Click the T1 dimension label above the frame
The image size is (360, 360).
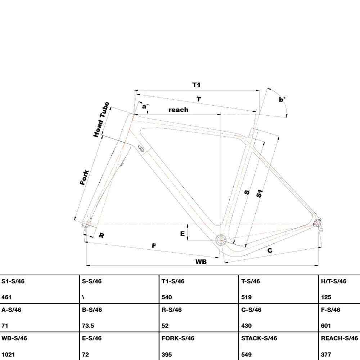coord(196,85)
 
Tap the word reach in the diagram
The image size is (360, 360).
coord(179,110)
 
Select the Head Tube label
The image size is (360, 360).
coord(101,120)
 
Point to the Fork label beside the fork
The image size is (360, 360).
coord(84,177)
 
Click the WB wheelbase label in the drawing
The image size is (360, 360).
coord(201,262)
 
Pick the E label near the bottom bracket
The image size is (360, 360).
coord(182,234)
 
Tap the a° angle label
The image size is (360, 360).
coord(145,106)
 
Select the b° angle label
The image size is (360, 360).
coord(282,99)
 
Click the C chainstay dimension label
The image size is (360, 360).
coord(270,250)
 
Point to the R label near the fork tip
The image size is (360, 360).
coord(102,235)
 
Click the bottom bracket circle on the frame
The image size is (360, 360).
coord(221,240)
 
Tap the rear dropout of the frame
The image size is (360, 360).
coord(318,224)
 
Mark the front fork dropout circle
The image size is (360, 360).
coord(86,224)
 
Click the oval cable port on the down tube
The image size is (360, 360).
coord(141,148)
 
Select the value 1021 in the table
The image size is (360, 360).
coord(8,355)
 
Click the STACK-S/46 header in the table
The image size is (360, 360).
coord(259,338)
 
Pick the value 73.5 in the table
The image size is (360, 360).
coord(88,326)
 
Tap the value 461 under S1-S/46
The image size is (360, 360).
coord(6,297)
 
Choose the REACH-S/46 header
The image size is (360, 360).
coord(339,338)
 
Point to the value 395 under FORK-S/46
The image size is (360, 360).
coord(167,355)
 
